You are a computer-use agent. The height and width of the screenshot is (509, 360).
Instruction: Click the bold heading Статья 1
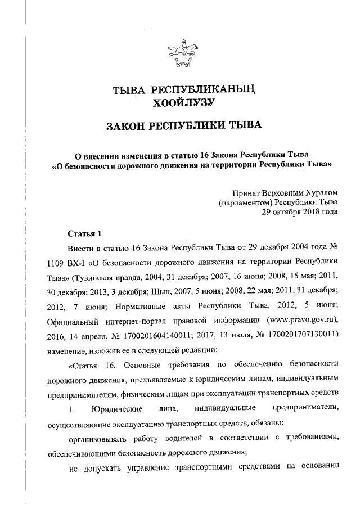(84, 233)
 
